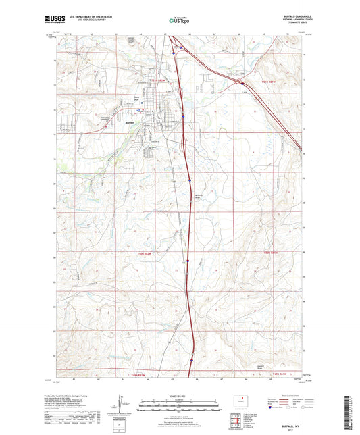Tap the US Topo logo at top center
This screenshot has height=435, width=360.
pyautogui.click(x=179, y=21)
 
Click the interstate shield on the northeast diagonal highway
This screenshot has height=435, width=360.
pyautogui.click(x=242, y=83)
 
